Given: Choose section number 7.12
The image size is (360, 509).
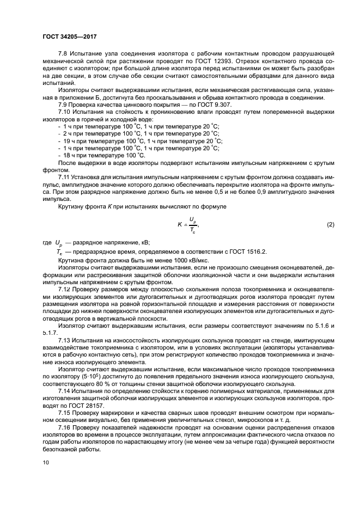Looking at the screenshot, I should pyautogui.click(x=65, y=289).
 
